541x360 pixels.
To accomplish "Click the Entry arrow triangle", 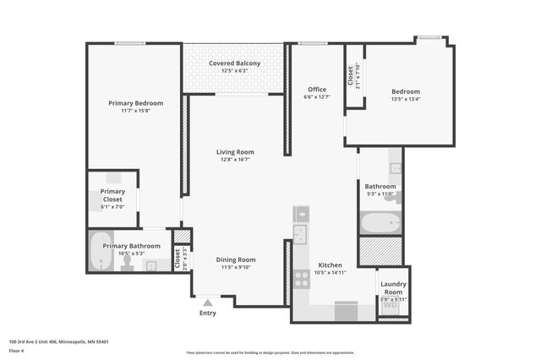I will pos(208,301).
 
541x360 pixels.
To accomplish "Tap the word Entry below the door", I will pos(208,313).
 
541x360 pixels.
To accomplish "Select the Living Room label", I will pos(235,152).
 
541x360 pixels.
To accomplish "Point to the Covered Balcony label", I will pos(235,63).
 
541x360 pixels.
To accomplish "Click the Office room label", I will pos(317,90).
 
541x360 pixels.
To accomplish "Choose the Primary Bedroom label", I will pos(135,103).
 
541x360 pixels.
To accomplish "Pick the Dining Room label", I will pos(236,259).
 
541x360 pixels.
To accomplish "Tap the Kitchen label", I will pos(330,265).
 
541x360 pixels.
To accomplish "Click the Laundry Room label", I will pos(394,287).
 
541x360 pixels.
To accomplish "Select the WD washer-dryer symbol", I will pos(391,305).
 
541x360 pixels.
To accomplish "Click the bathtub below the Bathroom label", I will pos(380,223).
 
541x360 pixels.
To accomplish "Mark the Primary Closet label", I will pos(112,195).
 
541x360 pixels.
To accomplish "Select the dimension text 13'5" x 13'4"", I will pos(405,99).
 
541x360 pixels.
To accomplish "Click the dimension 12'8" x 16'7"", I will pos(235,160).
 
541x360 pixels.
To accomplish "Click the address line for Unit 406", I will pos(58,341).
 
